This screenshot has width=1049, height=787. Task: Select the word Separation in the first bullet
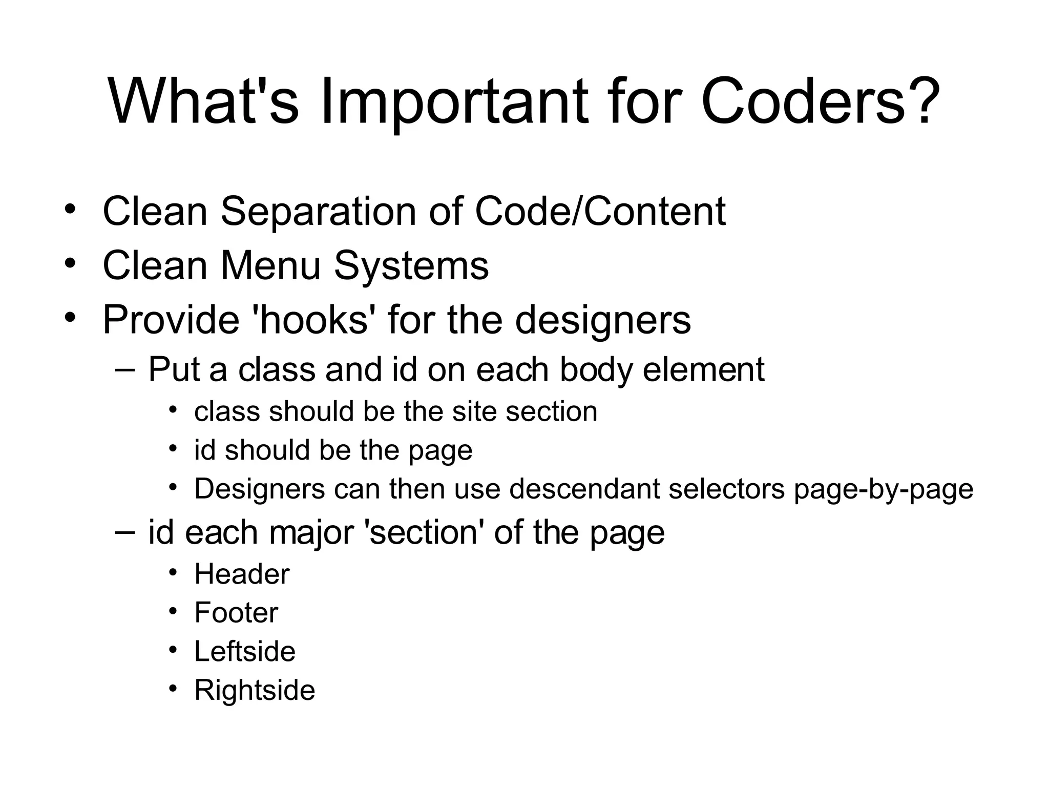click(x=318, y=211)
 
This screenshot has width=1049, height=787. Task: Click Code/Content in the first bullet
click(x=600, y=211)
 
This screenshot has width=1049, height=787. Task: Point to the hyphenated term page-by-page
click(x=884, y=489)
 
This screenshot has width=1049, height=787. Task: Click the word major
click(x=311, y=533)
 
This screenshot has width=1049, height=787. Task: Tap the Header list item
click(x=242, y=574)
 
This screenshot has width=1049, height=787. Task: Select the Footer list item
click(x=236, y=612)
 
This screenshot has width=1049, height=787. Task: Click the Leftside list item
click(x=245, y=651)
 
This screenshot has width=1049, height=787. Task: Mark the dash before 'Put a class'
click(x=125, y=368)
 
